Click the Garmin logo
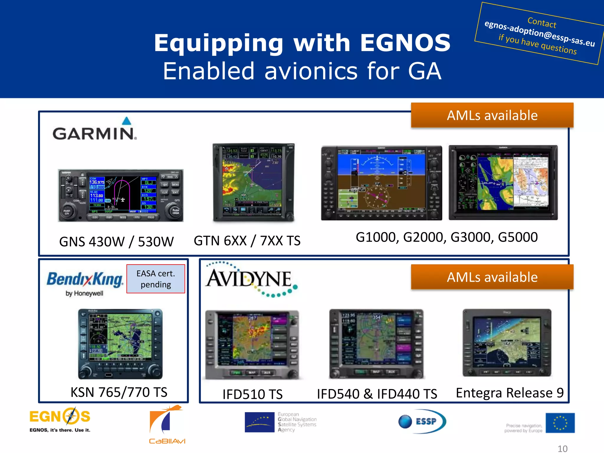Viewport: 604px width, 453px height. click(x=94, y=130)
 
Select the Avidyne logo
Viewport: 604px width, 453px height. click(x=251, y=279)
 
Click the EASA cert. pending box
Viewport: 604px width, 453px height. click(x=156, y=279)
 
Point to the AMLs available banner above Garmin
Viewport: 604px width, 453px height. click(x=492, y=115)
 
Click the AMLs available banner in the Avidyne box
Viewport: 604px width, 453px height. click(x=492, y=277)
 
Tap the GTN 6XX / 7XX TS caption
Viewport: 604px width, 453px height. click(x=247, y=241)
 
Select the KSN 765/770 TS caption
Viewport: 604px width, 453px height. click(x=119, y=392)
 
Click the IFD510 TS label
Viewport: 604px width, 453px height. click(x=252, y=394)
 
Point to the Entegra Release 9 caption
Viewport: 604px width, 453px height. click(x=510, y=393)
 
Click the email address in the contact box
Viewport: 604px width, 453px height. click(x=539, y=33)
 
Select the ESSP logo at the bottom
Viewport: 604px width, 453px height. click(x=422, y=421)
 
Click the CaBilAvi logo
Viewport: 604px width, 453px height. click(x=167, y=425)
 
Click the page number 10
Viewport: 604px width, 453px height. click(x=562, y=449)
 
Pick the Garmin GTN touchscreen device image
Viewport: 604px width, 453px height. click(x=253, y=182)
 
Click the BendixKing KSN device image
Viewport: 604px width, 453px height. click(x=120, y=344)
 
